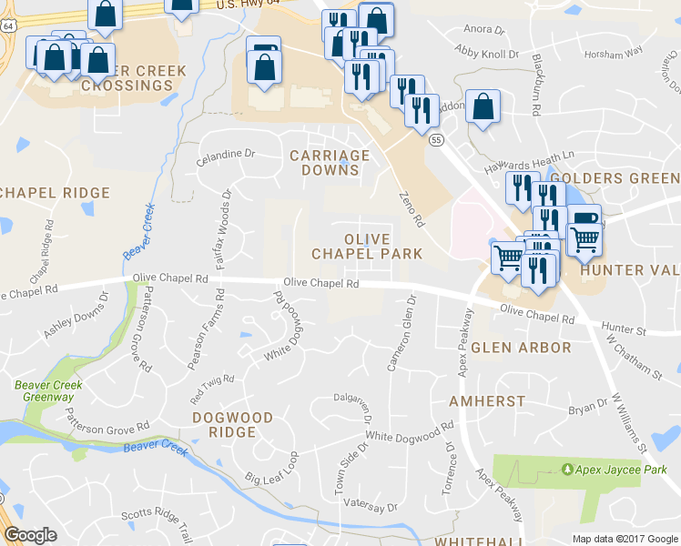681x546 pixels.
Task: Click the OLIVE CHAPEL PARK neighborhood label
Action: [x=367, y=246]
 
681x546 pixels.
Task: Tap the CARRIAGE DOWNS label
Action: [x=330, y=163]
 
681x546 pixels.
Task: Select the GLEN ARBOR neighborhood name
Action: [x=521, y=348]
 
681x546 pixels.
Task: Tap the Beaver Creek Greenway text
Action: [x=48, y=391]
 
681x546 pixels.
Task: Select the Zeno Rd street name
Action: [x=412, y=208]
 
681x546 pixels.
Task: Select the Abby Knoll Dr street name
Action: [x=486, y=54]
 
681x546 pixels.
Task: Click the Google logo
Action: [x=30, y=535]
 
